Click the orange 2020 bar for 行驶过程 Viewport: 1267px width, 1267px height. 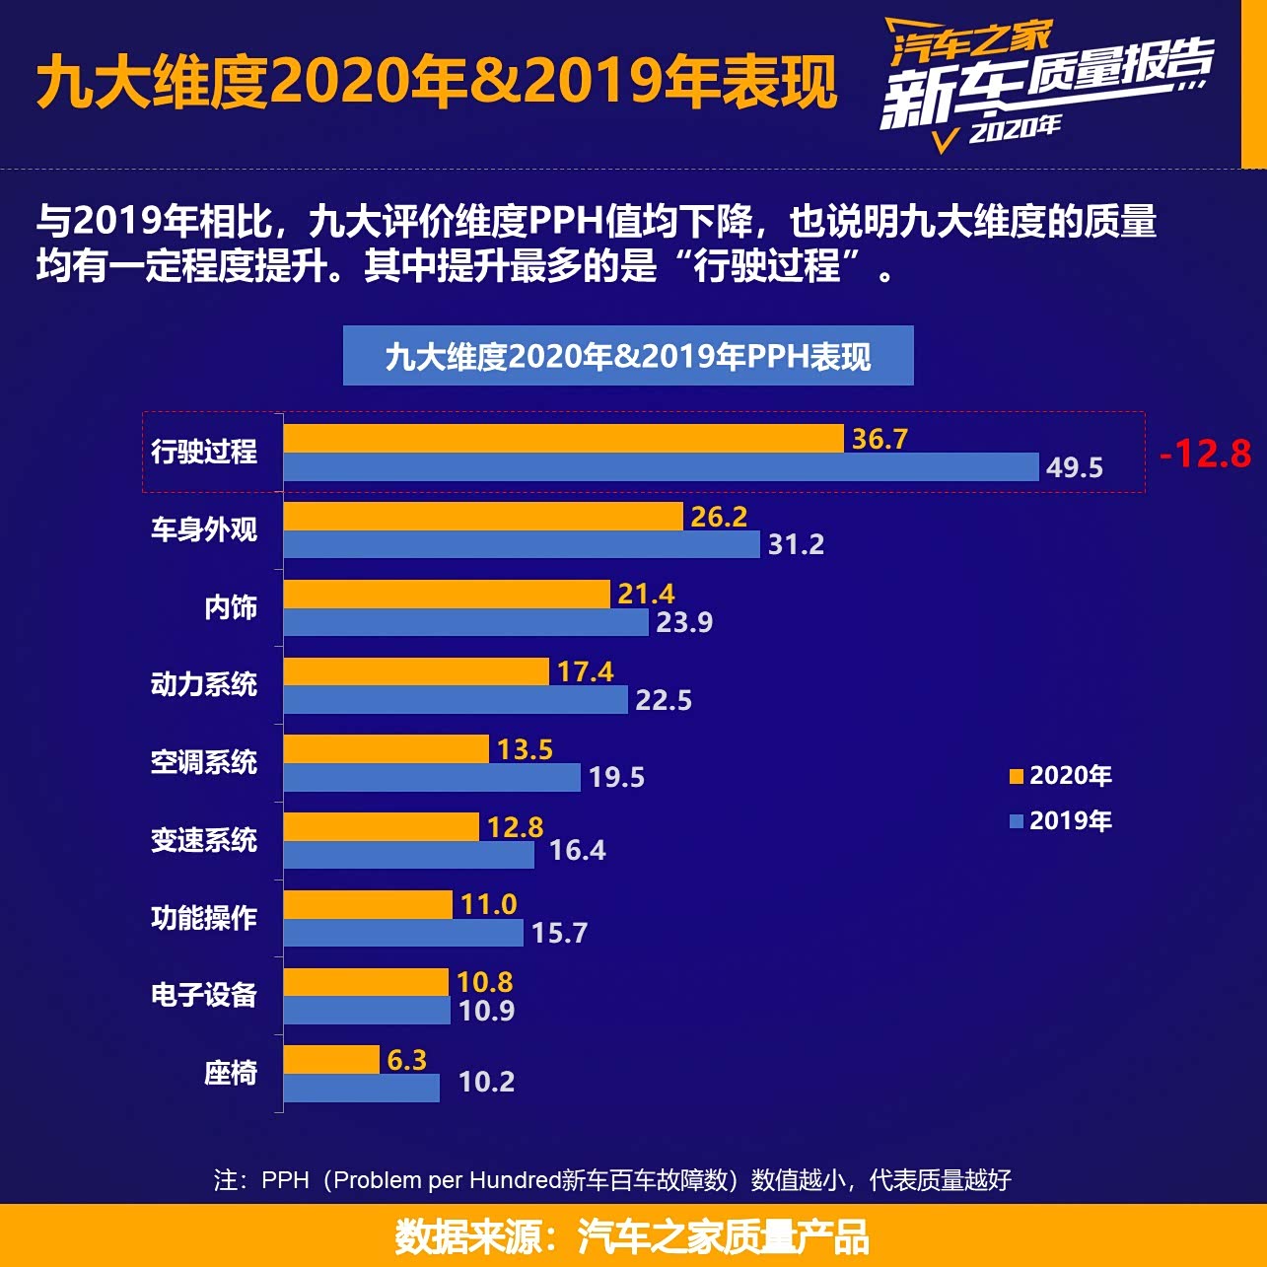(563, 439)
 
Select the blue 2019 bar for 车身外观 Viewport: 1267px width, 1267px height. (522, 544)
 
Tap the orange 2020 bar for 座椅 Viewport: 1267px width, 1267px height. (331, 1060)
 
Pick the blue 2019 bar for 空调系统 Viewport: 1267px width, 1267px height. (432, 777)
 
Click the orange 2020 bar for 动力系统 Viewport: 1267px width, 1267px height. (416, 671)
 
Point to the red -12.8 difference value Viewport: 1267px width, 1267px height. (1205, 454)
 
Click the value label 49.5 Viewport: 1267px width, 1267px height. (1074, 467)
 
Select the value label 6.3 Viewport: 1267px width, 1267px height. (406, 1060)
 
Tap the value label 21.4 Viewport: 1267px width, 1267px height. (646, 594)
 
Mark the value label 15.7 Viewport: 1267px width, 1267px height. (559, 933)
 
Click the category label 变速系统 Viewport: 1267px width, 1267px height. (204, 840)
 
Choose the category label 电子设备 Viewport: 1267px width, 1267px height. (204, 995)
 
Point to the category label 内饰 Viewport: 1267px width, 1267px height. (231, 607)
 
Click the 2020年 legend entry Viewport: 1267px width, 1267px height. (1061, 776)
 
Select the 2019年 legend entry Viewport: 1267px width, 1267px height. (1061, 820)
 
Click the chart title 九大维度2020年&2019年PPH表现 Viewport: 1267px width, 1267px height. (628, 356)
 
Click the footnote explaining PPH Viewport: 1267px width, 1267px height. (612, 1180)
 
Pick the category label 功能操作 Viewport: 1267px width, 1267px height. (204, 918)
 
